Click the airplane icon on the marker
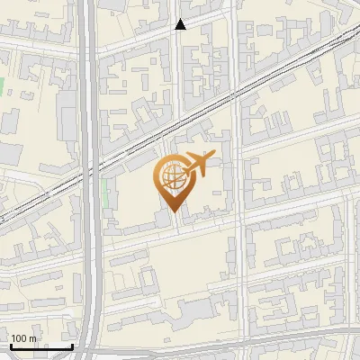point(197,166)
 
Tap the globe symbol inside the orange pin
point(172,178)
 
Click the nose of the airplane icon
point(212,157)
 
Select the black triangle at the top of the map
point(180,24)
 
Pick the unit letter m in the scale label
point(32,338)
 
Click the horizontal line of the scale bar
point(41,346)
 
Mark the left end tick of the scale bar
point(10,345)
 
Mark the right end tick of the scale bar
point(73,345)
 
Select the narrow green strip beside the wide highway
point(105,192)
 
